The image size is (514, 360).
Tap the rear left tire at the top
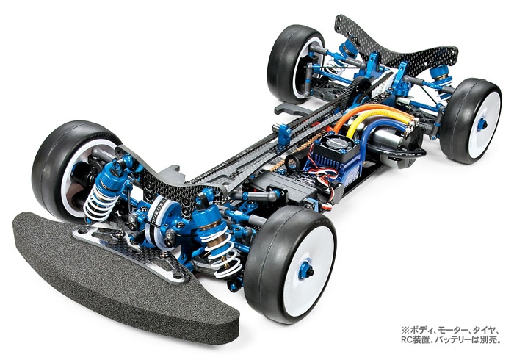(294, 62)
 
